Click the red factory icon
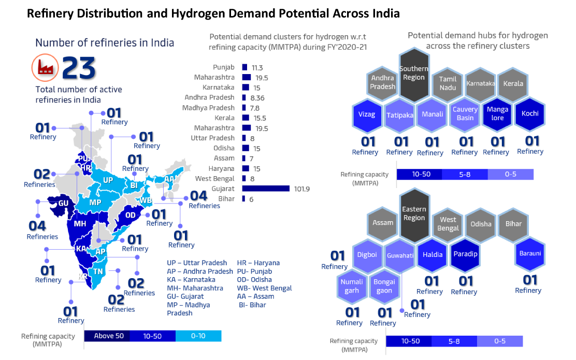44,67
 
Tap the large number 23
79,67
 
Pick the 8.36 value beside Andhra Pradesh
258,97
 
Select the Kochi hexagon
530,113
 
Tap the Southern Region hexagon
414,74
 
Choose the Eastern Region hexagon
414,214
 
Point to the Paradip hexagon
465,254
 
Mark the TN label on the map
98,271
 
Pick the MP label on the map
95,202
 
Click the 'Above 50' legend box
108,336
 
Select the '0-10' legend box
198,336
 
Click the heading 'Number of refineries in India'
104,42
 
